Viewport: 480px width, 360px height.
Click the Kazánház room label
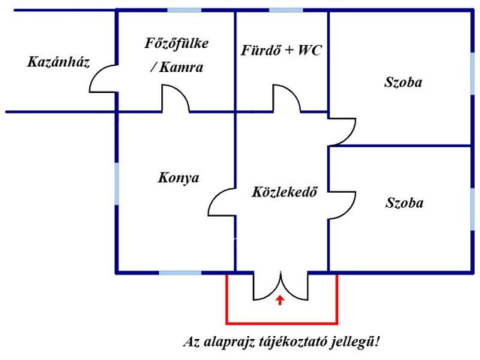[58, 61]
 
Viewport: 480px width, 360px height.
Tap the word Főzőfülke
[176, 43]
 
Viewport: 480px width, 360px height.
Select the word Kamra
[181, 67]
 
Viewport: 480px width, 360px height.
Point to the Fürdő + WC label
[281, 50]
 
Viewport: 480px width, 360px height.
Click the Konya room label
[178, 178]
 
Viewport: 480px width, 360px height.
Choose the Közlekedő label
[284, 192]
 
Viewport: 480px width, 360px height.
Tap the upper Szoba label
[403, 82]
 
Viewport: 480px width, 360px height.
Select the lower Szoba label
[404, 202]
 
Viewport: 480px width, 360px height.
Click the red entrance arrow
[280, 300]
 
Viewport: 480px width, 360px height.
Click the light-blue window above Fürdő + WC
[286, 10]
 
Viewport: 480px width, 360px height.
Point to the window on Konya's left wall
[117, 184]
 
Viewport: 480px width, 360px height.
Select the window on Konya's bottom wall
[180, 273]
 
